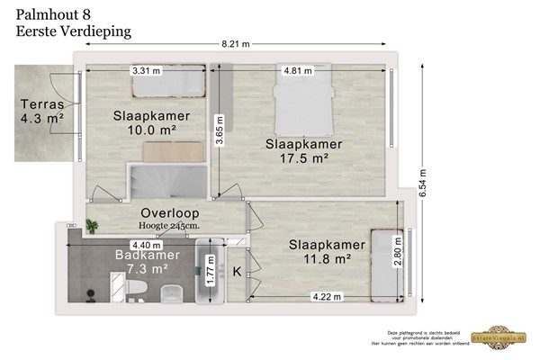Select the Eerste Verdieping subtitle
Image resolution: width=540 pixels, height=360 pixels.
click(x=74, y=31)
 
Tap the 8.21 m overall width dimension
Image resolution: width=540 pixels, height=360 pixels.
click(x=237, y=44)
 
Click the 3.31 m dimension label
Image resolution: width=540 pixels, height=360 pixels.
click(x=145, y=69)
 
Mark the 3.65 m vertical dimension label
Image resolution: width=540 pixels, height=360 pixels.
click(x=217, y=130)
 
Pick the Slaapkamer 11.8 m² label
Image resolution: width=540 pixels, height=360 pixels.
click(x=326, y=252)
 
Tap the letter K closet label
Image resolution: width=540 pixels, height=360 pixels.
click(x=237, y=272)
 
